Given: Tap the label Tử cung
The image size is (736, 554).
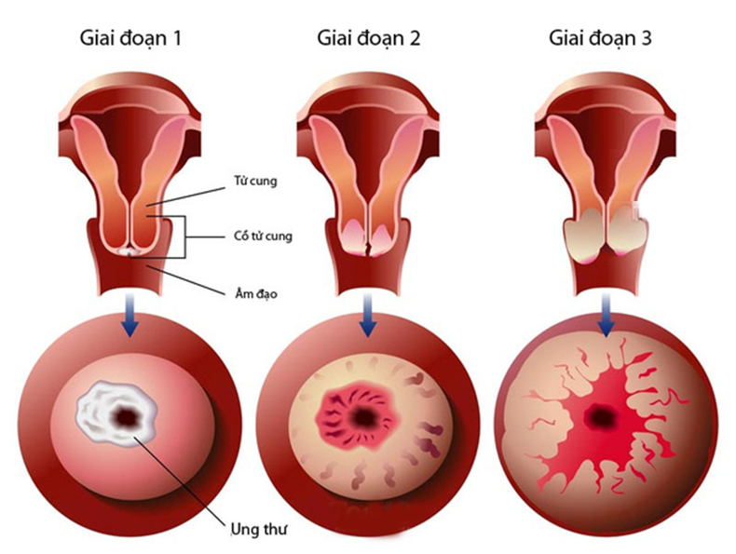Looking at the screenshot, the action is (255, 181).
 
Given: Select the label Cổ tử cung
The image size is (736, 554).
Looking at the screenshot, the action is (263, 236).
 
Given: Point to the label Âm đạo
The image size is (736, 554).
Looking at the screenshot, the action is (256, 294).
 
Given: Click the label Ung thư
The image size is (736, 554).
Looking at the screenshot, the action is (259, 530).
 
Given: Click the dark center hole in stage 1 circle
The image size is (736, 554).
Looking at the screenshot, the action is (126, 416).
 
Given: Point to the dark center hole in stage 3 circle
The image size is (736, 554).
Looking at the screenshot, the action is (600, 416).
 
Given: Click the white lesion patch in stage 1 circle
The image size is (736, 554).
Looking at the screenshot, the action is (116, 413).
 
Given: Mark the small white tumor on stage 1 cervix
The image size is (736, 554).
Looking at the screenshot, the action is (129, 252).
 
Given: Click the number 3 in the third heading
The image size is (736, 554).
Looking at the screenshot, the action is (647, 37).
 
